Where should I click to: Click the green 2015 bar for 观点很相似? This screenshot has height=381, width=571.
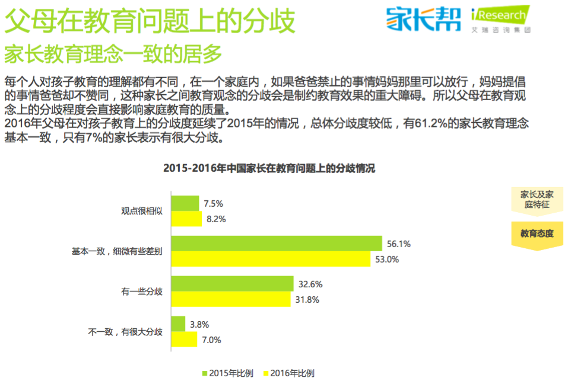(185, 203)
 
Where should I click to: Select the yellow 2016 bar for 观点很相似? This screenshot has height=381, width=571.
(186, 219)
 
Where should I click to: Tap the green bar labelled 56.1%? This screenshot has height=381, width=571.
(276, 244)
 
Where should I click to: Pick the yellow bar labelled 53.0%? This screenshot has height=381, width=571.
(270, 259)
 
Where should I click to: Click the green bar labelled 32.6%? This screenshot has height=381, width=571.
(232, 284)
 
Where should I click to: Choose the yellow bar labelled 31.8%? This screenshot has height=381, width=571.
(231, 299)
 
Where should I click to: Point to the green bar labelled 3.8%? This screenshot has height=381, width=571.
(178, 324)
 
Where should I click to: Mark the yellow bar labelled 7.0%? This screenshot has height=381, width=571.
(184, 340)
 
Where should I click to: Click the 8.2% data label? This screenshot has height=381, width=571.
(217, 219)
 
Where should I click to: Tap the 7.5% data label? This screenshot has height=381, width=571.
(213, 203)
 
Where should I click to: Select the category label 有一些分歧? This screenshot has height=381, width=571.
(142, 292)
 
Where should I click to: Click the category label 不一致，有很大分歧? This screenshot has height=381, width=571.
(125, 332)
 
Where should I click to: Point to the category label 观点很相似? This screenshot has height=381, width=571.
(142, 211)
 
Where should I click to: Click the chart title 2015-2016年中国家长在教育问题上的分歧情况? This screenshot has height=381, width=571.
(269, 168)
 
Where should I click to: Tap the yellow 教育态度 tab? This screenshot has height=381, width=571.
(537, 234)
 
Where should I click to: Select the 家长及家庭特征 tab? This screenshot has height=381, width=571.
(537, 199)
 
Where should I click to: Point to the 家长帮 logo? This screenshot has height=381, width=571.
(423, 18)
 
